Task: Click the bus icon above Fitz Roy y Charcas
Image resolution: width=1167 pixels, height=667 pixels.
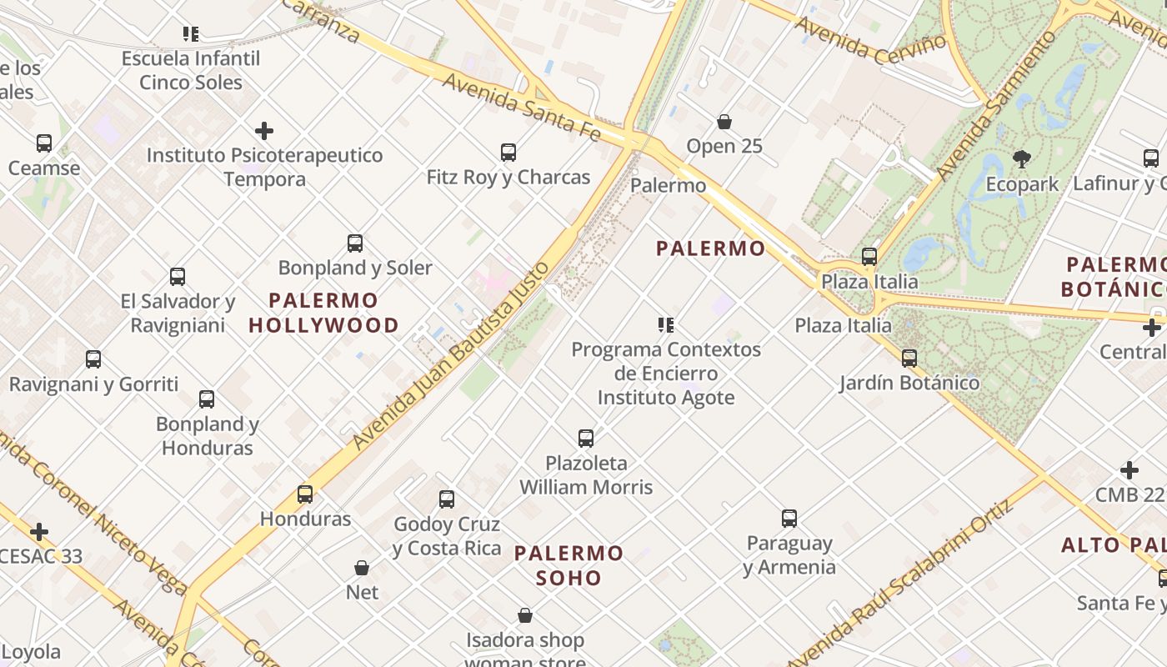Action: pos(508,153)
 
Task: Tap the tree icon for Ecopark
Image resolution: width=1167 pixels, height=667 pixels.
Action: pos(1021,158)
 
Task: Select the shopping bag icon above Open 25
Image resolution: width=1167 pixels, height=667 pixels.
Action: pos(724,122)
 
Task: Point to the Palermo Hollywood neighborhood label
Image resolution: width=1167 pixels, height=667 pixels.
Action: pos(323,313)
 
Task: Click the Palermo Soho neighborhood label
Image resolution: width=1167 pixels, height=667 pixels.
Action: pos(568,565)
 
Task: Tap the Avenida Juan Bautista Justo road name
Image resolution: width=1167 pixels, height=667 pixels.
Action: pos(451,356)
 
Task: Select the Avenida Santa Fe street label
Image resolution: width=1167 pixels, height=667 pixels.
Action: pos(522,105)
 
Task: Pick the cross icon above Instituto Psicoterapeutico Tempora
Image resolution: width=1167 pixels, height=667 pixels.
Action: pos(264,131)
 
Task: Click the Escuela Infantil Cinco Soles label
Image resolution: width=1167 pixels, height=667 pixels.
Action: pos(191,70)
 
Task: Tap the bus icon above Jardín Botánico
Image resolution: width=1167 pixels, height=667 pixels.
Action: pos(909,359)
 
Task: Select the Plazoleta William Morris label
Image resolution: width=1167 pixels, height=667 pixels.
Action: pos(586,474)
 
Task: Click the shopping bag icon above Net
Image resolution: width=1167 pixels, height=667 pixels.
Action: pos(362,568)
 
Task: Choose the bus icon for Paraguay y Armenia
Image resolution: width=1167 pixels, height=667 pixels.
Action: pos(789,519)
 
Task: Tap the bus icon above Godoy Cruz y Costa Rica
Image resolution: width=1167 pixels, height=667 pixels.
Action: pos(447,499)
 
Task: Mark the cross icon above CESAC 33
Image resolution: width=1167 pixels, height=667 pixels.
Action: pos(39,532)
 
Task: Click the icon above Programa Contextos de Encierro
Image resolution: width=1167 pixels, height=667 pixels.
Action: pos(665,324)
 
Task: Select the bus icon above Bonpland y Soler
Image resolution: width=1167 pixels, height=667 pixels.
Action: pos(355,243)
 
